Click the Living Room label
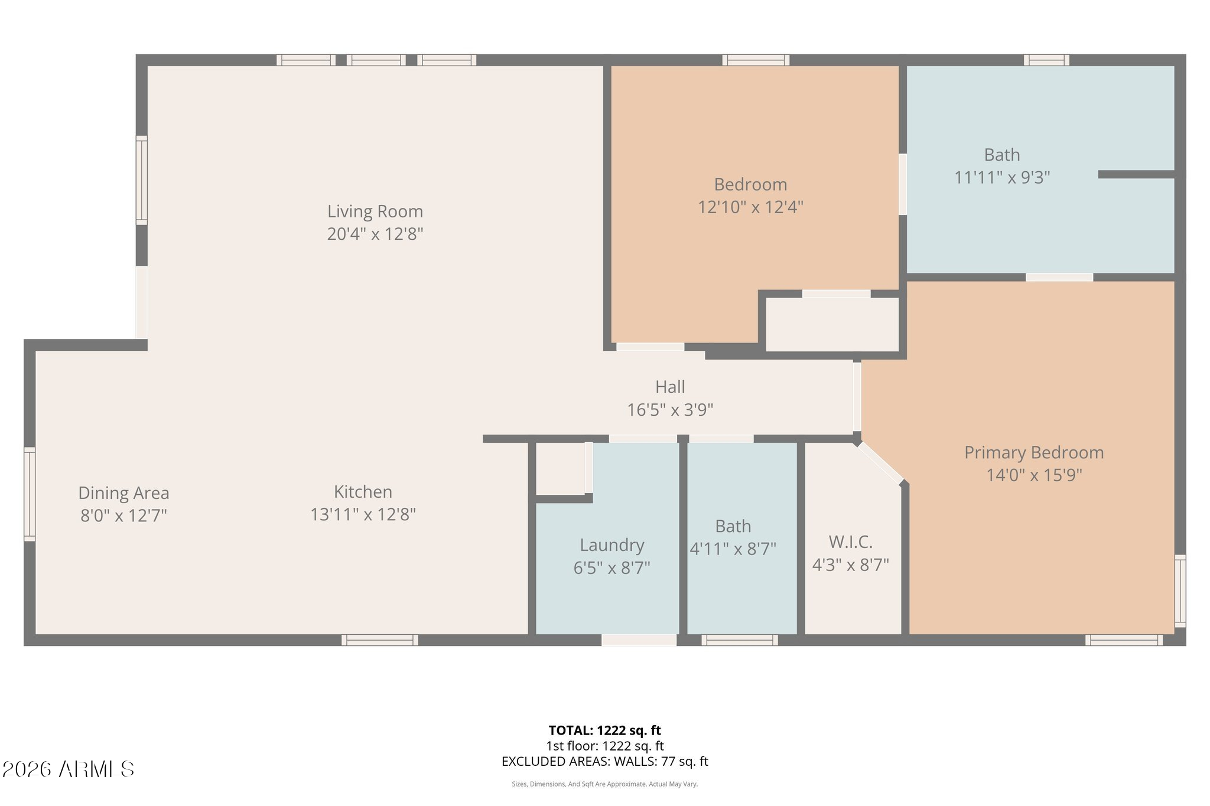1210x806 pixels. [x=375, y=211]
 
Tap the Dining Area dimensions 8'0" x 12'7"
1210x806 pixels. [x=123, y=515]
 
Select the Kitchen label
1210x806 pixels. [x=363, y=492]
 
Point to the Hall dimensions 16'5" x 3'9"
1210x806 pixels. [x=670, y=409]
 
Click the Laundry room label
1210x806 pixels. [x=611, y=545]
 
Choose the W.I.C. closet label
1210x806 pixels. [x=850, y=542]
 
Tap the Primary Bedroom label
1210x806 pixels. [x=1034, y=453]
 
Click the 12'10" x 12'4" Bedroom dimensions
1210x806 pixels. [x=750, y=207]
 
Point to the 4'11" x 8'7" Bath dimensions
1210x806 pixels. [x=733, y=549]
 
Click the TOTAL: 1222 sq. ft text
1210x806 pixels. [x=604, y=730]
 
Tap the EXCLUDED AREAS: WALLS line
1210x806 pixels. [x=604, y=762]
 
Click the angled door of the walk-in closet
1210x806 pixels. [x=880, y=464]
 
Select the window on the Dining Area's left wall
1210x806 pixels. [x=30, y=494]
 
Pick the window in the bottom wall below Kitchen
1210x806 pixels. [x=380, y=640]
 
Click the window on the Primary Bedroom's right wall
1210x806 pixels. [x=1180, y=590]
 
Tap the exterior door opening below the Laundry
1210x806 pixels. [x=639, y=640]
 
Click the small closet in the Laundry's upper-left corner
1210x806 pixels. [x=561, y=469]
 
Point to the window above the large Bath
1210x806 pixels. [x=1046, y=60]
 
